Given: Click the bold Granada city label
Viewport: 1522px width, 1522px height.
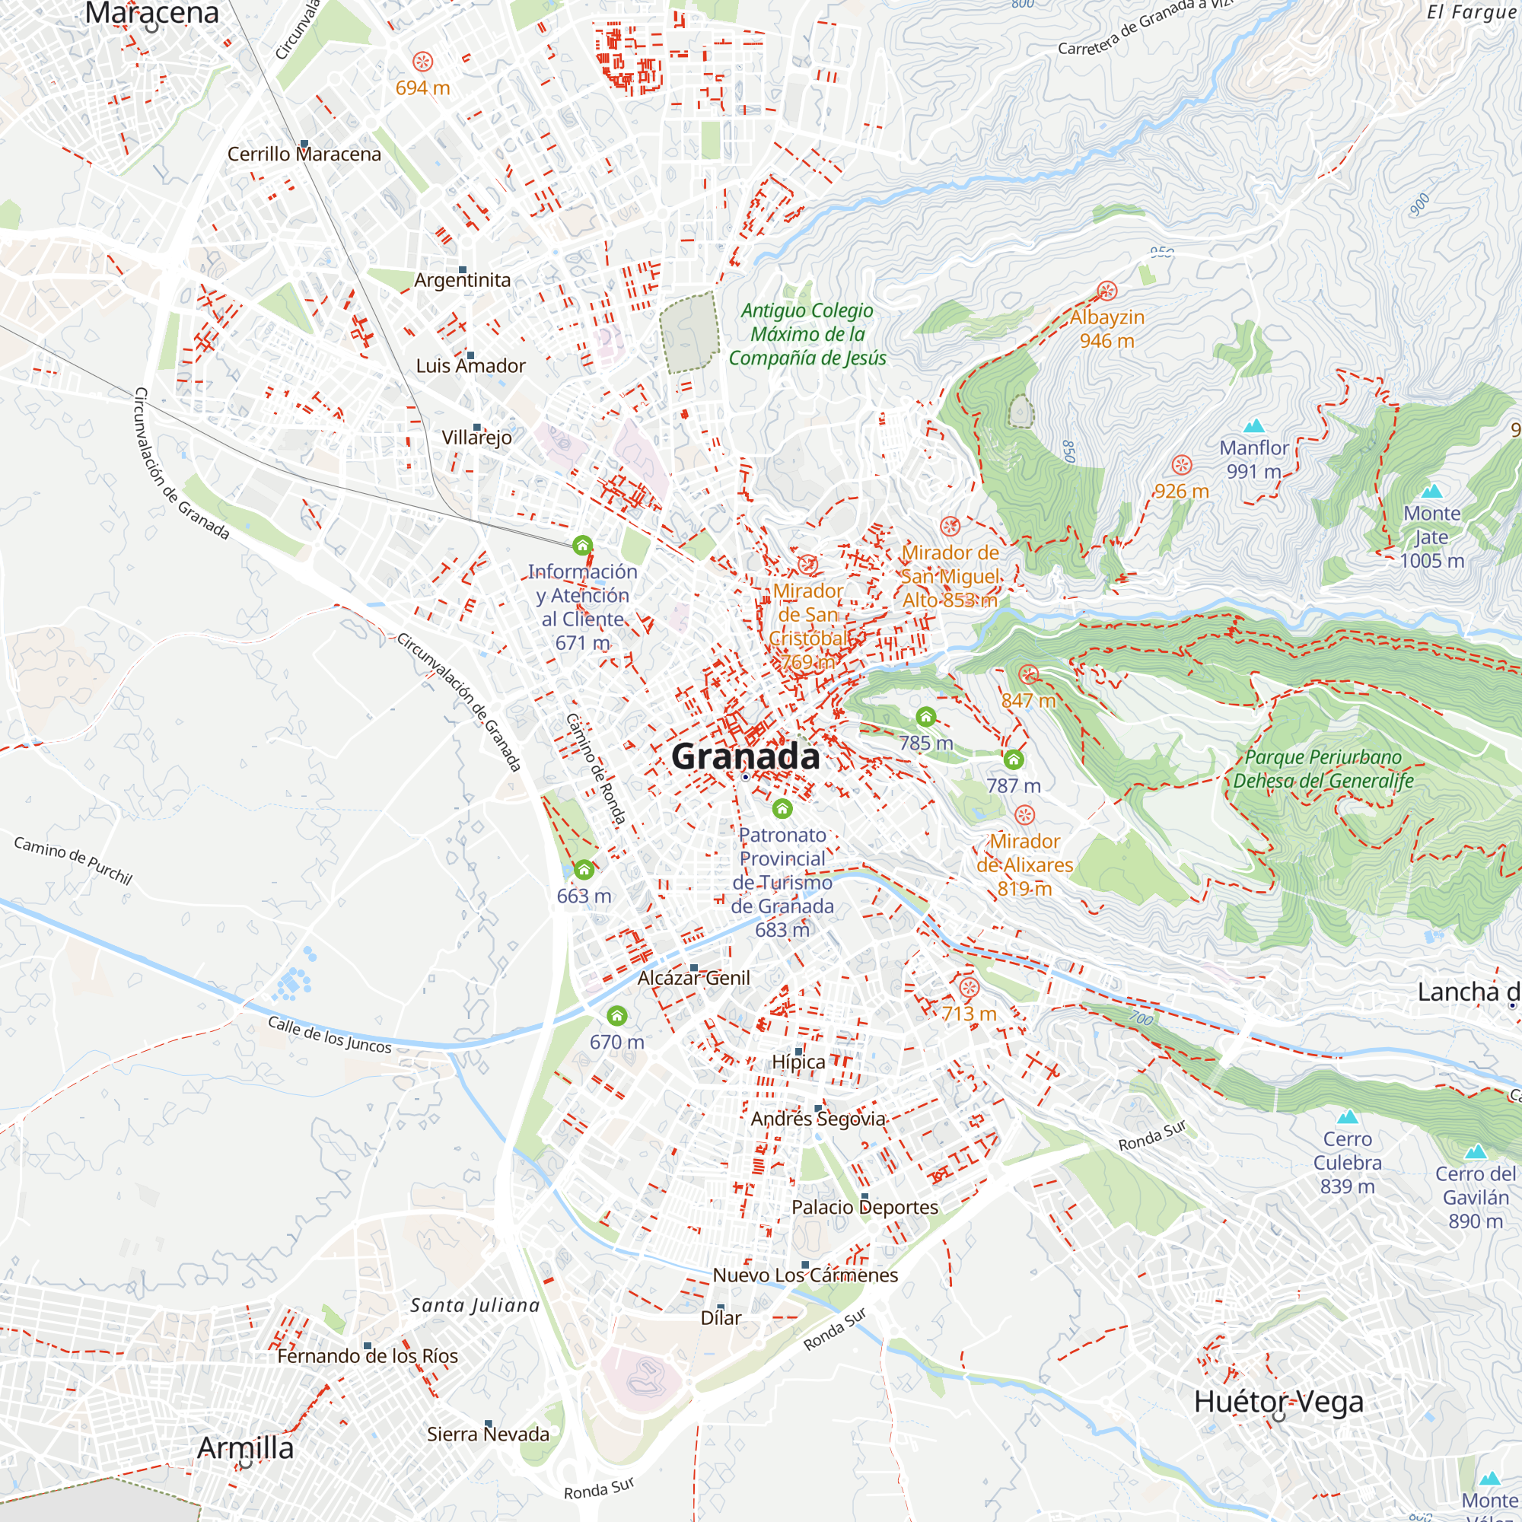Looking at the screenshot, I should click(745, 757).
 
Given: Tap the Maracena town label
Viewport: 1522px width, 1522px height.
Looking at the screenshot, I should click(152, 13).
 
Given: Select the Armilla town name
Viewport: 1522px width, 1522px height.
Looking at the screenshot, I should click(245, 1448).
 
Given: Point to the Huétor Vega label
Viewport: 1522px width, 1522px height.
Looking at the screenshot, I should click(1278, 1403).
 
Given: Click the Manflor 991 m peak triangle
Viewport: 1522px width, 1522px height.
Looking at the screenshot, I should click(1253, 427).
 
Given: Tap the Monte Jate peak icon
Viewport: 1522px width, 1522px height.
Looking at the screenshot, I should click(1431, 492).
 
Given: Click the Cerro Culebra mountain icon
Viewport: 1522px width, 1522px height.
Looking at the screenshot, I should click(1347, 1117).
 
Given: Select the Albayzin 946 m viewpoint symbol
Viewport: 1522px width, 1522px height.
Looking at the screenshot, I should click(1106, 291).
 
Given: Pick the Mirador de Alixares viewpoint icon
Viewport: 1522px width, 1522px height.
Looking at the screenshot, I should click(1024, 814).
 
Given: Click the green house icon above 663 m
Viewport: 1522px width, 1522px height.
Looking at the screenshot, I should click(584, 870).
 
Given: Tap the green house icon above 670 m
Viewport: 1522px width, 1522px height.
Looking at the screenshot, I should click(617, 1015).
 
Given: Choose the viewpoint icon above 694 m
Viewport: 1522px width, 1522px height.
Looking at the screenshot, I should click(423, 62).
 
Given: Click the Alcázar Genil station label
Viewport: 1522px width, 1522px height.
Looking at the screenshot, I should click(694, 979).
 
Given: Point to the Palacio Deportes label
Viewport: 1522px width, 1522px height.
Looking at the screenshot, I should click(864, 1207).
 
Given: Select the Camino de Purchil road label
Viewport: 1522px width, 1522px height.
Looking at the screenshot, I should click(73, 860).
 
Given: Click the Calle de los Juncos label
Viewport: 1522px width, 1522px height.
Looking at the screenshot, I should click(330, 1035).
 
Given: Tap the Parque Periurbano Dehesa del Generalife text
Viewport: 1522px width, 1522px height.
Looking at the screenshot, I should click(1323, 769).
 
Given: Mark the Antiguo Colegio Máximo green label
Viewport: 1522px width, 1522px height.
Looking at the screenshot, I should click(807, 334).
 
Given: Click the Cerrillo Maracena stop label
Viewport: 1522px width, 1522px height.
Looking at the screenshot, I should click(304, 154).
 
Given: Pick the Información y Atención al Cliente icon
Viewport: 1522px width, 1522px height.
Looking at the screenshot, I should click(582, 545).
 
